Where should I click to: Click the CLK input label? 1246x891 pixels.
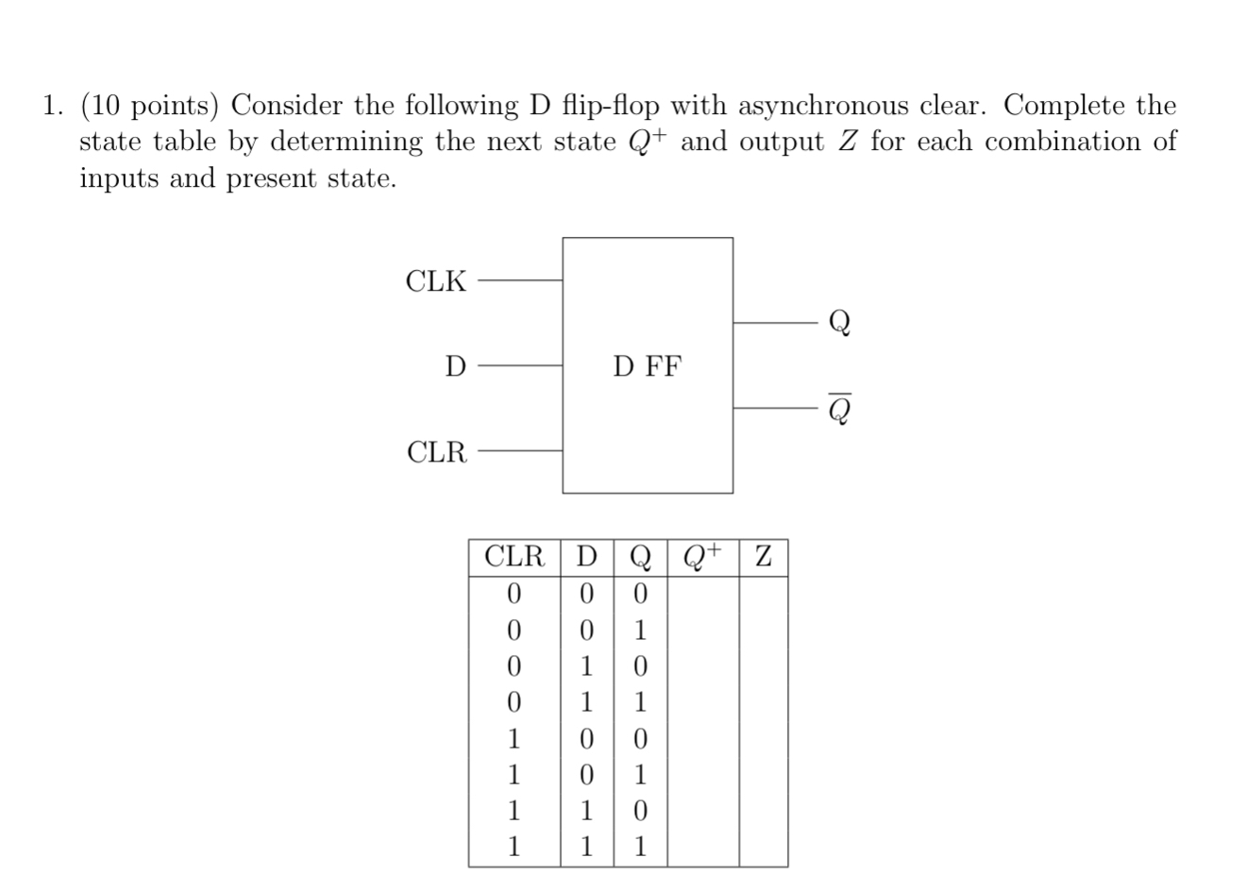coord(435,280)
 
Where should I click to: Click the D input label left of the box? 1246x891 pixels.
coord(455,365)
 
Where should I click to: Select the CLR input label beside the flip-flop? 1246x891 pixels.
coord(437,452)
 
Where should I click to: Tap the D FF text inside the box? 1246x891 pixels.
coord(647,365)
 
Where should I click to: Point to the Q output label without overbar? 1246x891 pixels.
coord(839,322)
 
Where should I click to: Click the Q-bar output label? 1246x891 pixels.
coord(839,409)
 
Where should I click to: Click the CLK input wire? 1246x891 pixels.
coord(519,280)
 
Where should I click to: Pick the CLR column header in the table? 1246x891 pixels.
coord(514,557)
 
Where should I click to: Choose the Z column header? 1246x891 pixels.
coord(763,557)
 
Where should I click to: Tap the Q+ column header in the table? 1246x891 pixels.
coord(702,557)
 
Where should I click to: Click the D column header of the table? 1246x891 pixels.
coord(587,557)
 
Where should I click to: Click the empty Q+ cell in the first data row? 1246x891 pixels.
coord(702,594)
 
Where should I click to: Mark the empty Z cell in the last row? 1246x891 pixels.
coord(763,847)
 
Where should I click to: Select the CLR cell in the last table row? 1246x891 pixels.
coord(514,847)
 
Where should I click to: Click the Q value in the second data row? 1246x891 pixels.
coord(640,630)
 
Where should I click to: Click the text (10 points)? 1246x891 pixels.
coord(150,106)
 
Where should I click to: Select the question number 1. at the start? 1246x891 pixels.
coord(54,106)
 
